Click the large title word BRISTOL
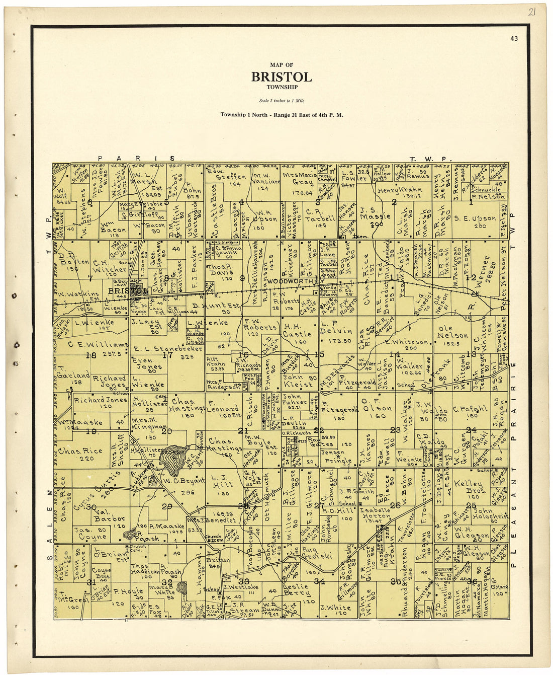(x=282, y=77)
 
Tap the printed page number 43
(x=513, y=38)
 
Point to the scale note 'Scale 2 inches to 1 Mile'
(x=282, y=101)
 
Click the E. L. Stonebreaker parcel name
(x=167, y=348)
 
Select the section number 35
(x=396, y=581)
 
